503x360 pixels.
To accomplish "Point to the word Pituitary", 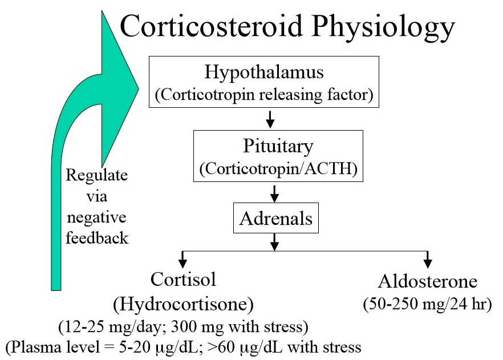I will coord(278,146).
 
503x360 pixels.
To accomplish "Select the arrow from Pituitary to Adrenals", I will coord(274,194).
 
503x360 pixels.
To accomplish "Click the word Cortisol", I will coord(183,280).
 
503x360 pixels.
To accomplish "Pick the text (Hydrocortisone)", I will coord(183,304).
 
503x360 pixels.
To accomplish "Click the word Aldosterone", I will coord(427,283).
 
